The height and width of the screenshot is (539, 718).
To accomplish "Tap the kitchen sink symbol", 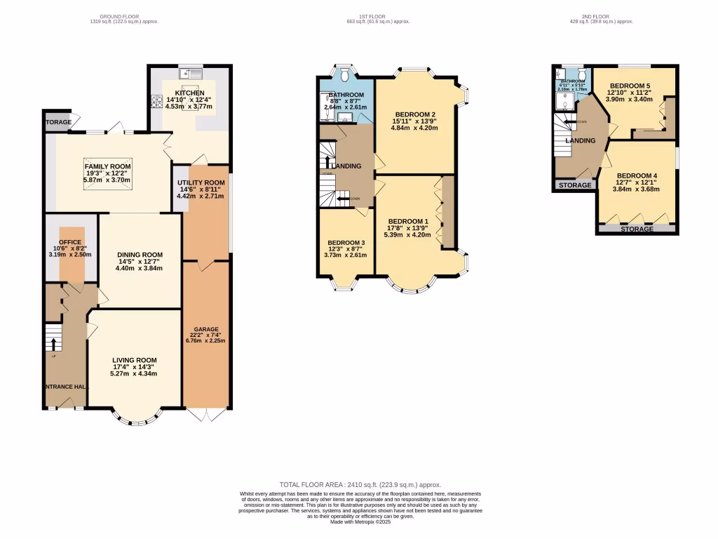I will (x=189, y=73).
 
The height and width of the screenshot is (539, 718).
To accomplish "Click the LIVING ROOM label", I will (x=134, y=360).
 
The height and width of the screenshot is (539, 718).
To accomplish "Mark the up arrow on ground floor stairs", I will (x=52, y=344).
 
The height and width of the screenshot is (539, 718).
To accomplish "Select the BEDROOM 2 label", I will (x=415, y=114).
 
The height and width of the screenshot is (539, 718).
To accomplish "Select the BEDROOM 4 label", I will (x=637, y=175).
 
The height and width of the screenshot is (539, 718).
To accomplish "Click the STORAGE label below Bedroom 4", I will (x=637, y=229).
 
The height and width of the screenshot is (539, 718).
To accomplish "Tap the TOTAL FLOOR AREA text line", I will (x=360, y=485).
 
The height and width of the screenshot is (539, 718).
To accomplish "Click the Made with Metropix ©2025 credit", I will (x=360, y=521).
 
